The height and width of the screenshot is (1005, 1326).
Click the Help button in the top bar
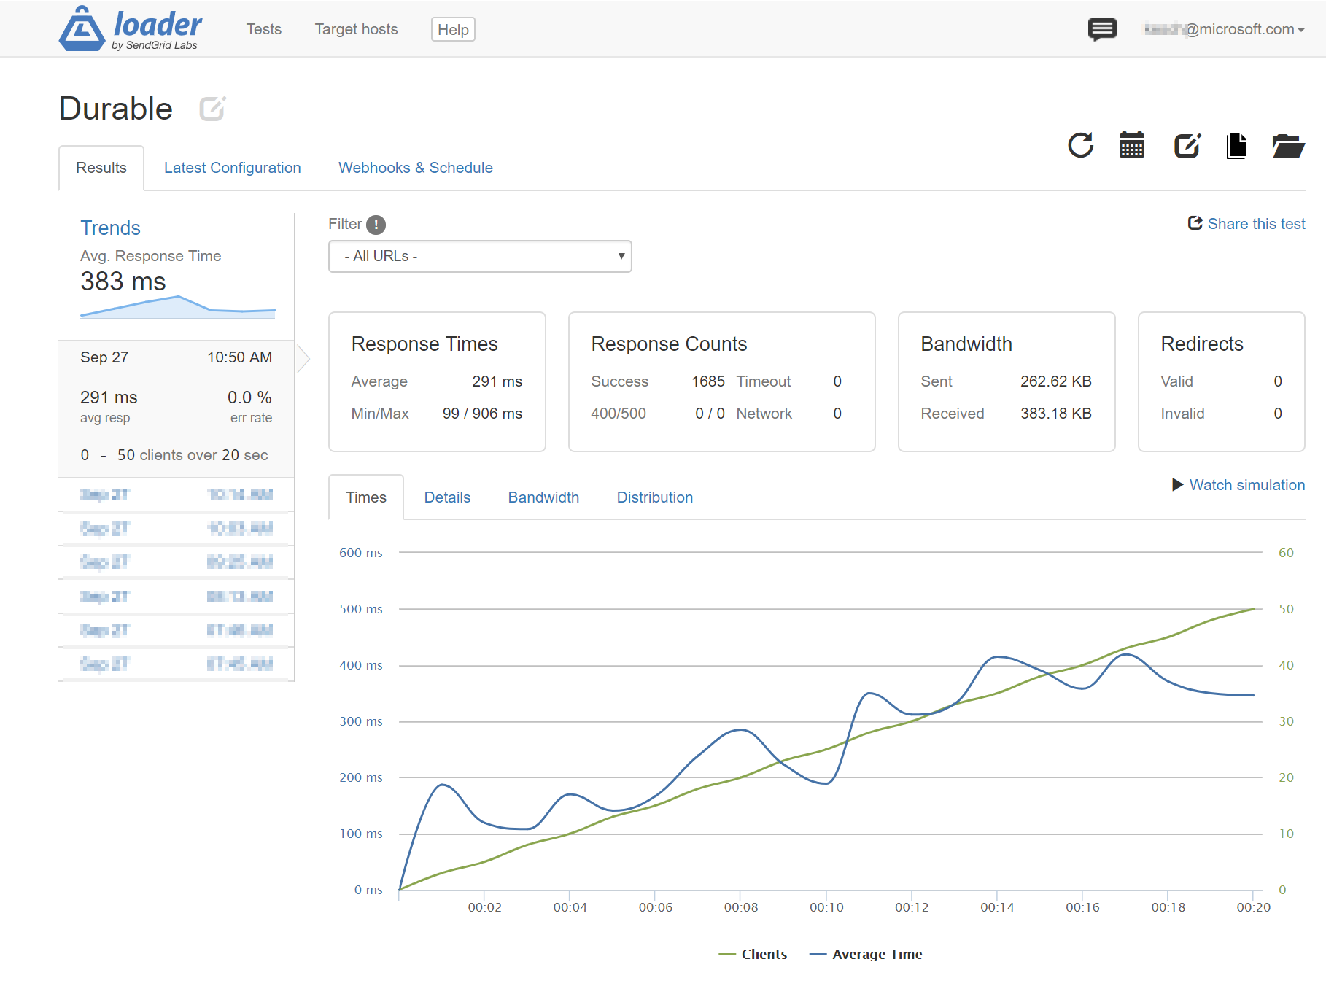[453, 30]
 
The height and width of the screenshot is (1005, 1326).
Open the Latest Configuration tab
[232, 168]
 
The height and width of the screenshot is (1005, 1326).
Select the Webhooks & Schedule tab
[415, 168]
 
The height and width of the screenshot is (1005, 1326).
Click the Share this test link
[1246, 224]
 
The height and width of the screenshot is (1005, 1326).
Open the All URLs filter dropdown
[480, 257]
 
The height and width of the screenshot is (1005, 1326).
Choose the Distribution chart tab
[654, 497]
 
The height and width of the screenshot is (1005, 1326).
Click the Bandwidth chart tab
[543, 497]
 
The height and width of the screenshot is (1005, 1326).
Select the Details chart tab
[447, 497]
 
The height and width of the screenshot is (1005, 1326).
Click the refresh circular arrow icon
[1080, 145]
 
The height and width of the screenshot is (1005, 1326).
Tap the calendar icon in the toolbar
[1131, 145]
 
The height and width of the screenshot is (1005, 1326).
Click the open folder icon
[1287, 146]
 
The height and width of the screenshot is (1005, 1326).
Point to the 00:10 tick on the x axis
[826, 907]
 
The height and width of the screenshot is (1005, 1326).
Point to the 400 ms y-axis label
[360, 665]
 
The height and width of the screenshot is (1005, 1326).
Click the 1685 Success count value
[707, 381]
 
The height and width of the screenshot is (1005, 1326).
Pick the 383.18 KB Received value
[1055, 414]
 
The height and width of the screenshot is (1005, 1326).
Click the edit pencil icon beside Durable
[212, 109]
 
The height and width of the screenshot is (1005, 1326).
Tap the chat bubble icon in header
[1101, 30]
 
